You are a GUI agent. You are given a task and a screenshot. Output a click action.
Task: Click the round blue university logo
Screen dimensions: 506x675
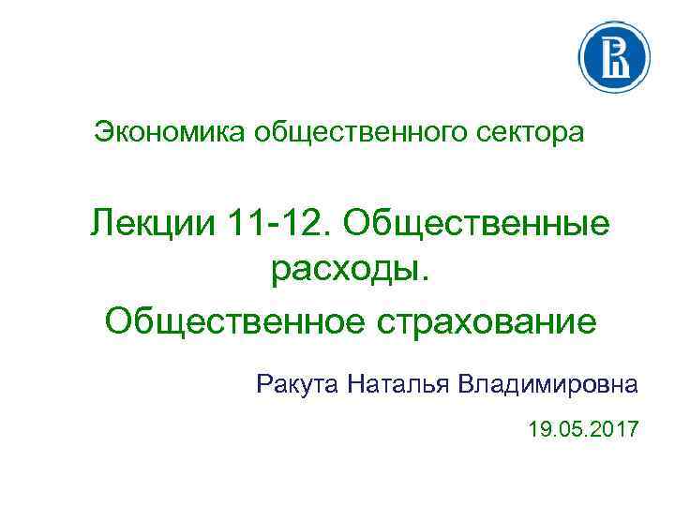616,57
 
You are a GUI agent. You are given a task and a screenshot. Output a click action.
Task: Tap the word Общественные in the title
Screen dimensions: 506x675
478,224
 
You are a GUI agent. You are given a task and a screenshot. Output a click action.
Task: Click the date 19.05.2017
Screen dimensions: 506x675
583,431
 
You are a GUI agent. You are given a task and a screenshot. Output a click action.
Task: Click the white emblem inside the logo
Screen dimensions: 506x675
616,57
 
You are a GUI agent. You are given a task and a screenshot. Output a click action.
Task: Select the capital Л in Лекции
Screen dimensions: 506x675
103,224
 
